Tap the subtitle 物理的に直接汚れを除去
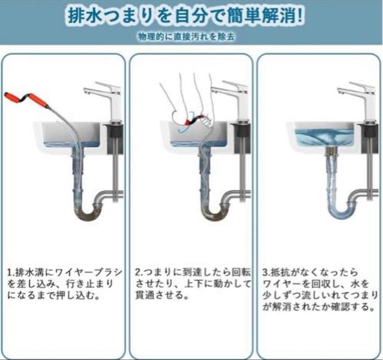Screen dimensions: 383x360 click(187, 36)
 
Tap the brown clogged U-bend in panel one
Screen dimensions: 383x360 click(88, 212)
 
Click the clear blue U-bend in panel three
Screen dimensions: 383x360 click(342, 210)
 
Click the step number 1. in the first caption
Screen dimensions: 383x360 click(11, 272)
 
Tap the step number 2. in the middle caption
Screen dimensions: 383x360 click(138, 272)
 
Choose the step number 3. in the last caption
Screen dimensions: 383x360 click(266, 272)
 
